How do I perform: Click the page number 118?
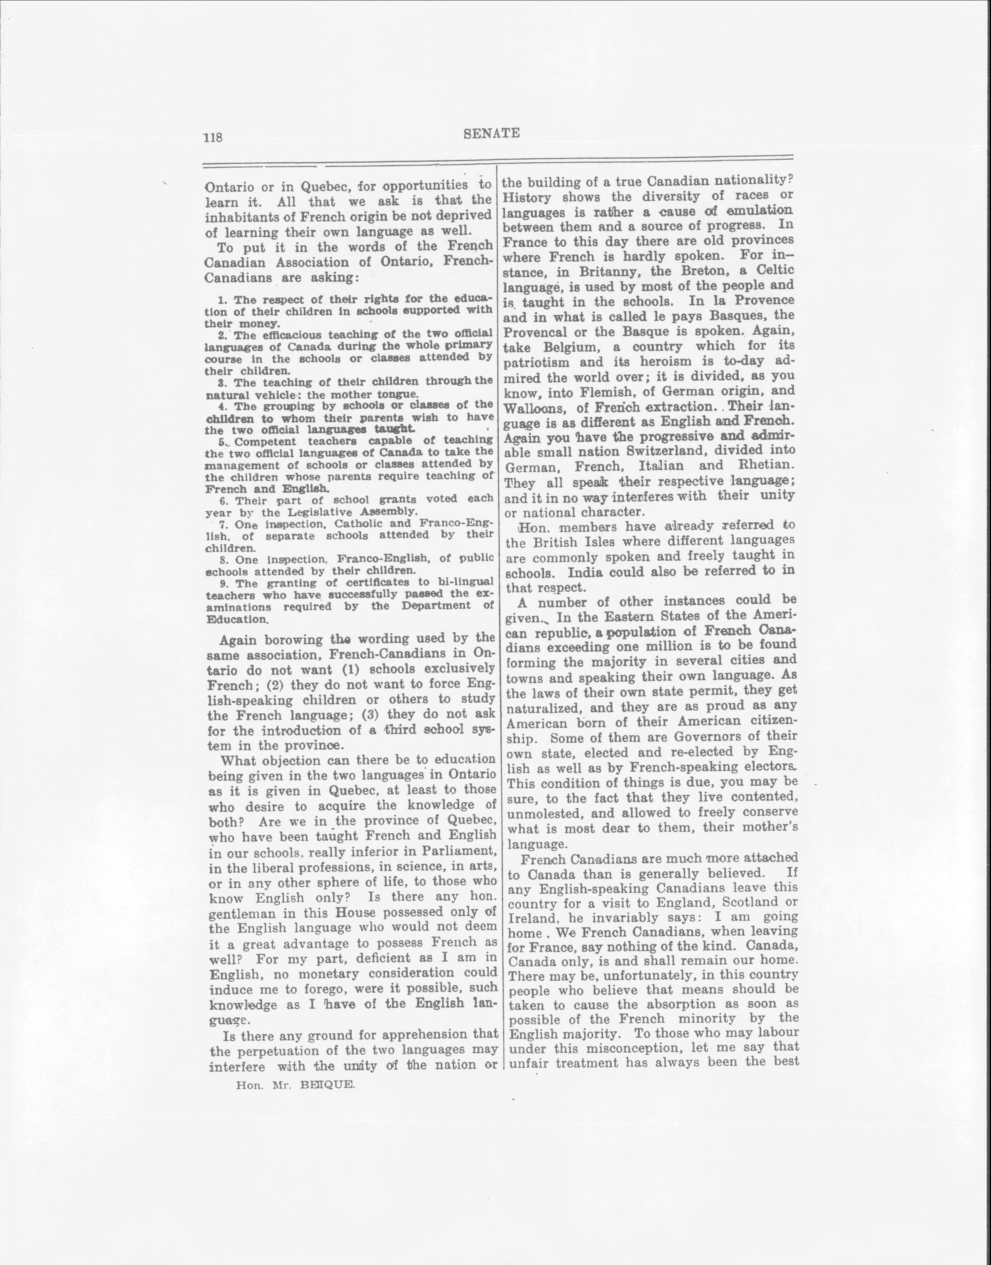(x=213, y=137)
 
